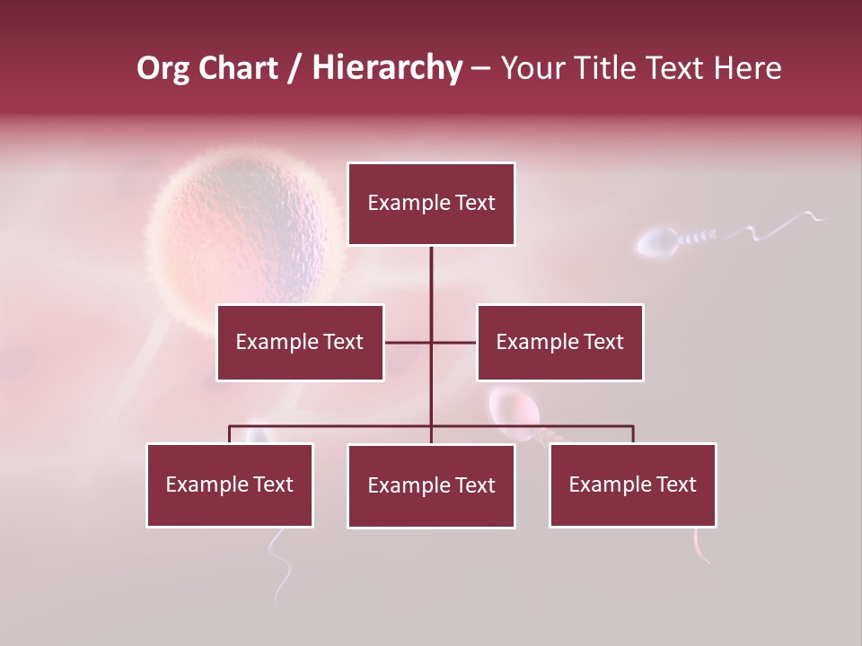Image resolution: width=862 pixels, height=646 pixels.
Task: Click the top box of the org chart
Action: click(431, 204)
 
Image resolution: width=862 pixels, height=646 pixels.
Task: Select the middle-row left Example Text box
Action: click(300, 342)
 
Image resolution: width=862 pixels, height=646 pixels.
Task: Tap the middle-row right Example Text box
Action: click(559, 342)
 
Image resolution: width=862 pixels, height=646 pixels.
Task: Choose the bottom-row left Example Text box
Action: click(230, 484)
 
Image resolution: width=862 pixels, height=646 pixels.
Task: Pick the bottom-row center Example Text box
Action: click(431, 485)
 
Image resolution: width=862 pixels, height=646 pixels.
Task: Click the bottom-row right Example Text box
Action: click(632, 484)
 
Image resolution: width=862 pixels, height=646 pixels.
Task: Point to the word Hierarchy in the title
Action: click(387, 68)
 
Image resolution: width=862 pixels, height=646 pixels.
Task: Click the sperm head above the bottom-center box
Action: click(514, 408)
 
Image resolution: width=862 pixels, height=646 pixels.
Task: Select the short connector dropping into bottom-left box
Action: click(230, 434)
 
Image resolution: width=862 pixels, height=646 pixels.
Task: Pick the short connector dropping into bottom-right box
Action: click(632, 434)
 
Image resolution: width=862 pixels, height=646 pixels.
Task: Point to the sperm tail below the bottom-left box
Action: click(281, 565)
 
